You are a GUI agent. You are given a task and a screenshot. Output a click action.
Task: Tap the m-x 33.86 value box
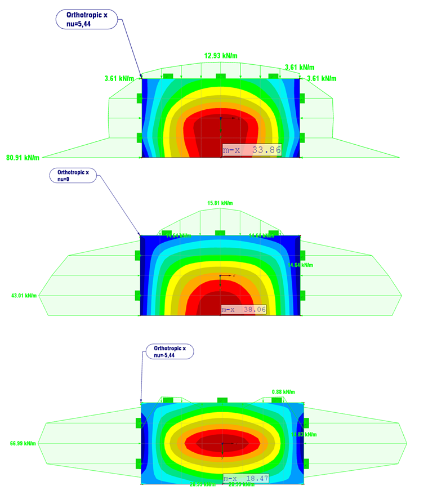pos(252,150)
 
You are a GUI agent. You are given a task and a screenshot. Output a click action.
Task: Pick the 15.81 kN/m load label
pos(220,203)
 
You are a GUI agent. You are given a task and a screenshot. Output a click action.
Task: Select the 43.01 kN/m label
pos(24,295)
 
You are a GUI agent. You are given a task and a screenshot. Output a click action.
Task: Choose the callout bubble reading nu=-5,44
pos(169,352)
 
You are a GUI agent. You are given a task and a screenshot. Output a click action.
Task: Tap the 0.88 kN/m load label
pos(283,392)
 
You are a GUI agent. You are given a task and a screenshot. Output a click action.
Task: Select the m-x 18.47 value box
pos(246,478)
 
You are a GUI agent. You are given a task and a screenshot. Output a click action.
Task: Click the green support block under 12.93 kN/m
pos(220,76)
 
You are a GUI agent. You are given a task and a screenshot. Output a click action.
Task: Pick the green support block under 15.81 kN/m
pos(220,233)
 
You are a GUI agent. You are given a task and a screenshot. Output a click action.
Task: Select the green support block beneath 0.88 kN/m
pos(277,400)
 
